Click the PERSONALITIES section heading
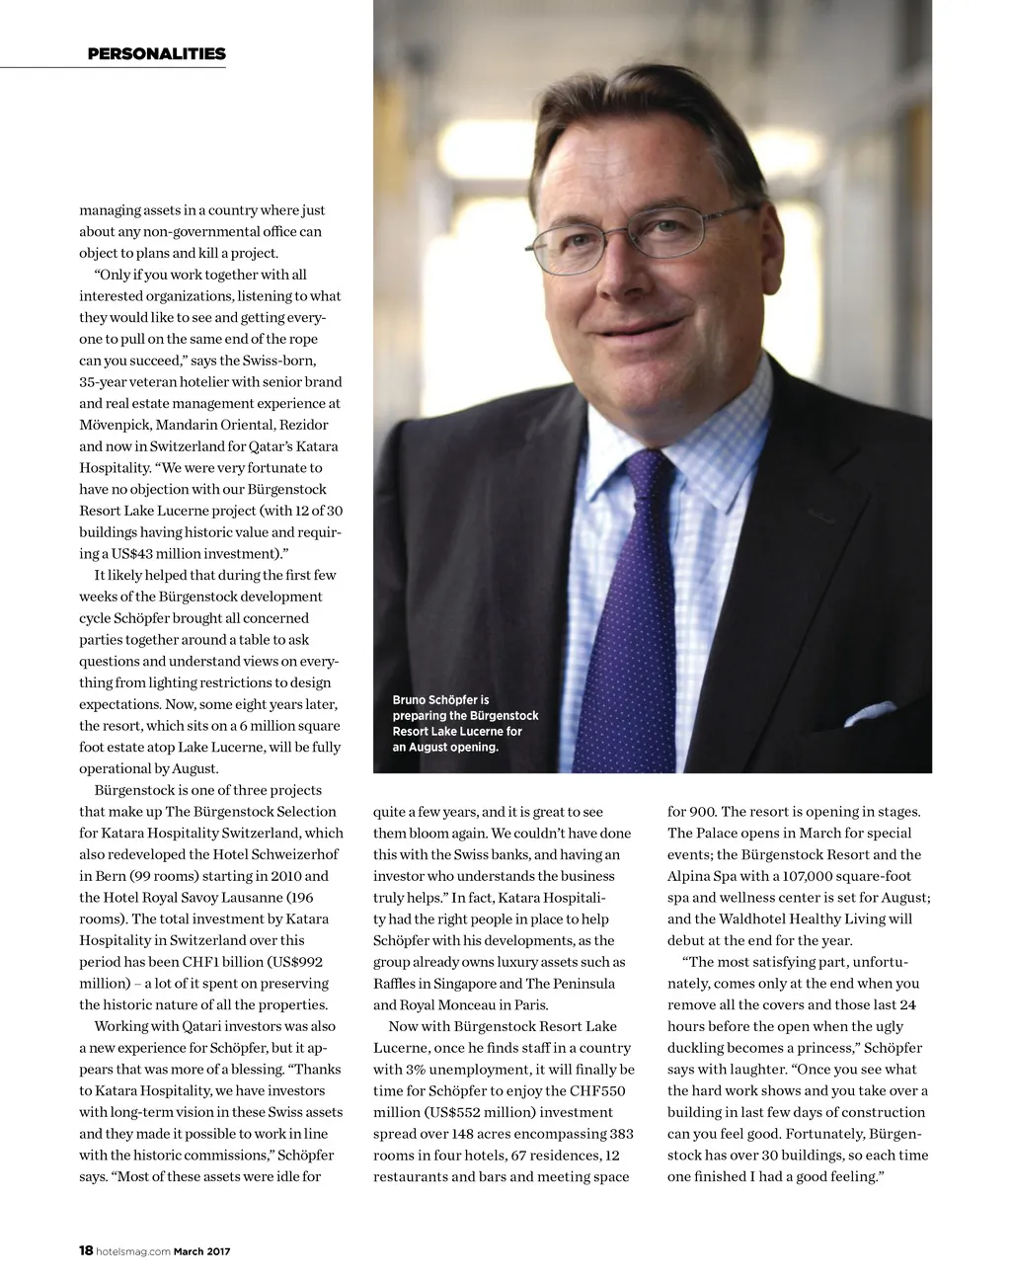tap(156, 54)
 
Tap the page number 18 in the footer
tap(85, 1251)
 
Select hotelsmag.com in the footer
tap(133, 1252)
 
